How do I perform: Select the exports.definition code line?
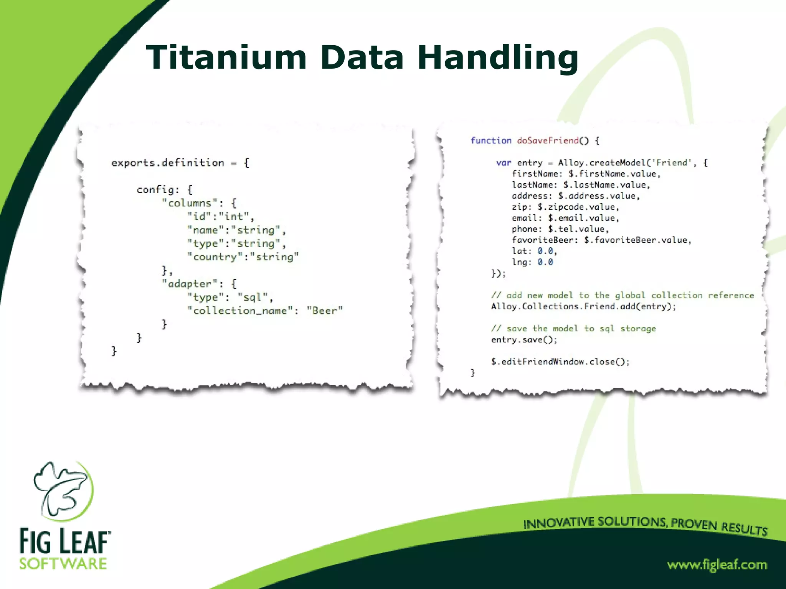click(180, 163)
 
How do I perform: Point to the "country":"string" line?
click(243, 257)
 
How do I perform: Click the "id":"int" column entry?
click(220, 217)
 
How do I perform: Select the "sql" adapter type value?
click(253, 297)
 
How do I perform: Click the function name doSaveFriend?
click(548, 141)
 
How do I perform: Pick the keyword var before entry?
click(504, 163)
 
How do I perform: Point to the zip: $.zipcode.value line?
click(565, 207)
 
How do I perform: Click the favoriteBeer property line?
click(601, 240)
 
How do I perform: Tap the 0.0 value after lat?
click(545, 251)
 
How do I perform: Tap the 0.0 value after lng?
click(545, 262)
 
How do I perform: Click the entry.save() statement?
click(524, 340)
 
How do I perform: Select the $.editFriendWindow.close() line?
click(560, 362)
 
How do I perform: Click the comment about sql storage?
click(574, 329)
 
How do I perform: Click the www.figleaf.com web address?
click(717, 565)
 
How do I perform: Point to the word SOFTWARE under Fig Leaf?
click(63, 564)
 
